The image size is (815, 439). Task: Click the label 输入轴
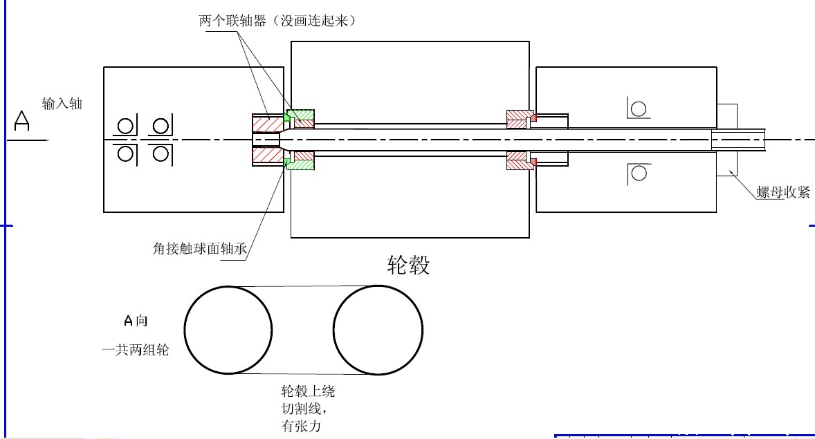coord(62,104)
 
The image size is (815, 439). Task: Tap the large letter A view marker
coord(23,122)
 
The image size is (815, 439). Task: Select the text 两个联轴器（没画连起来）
coord(277,20)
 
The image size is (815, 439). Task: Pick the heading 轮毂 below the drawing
coord(408,265)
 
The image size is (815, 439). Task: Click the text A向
coord(136,320)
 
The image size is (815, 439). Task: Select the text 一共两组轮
coord(136,350)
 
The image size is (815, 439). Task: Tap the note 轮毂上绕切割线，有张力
coord(308,409)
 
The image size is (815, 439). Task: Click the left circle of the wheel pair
coord(228,330)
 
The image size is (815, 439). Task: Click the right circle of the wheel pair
coord(378,330)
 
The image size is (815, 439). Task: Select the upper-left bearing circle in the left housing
coord(125,127)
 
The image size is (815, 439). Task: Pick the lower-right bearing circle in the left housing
coord(161,153)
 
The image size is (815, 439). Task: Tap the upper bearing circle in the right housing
coord(638,109)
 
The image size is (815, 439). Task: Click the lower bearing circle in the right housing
coord(638,174)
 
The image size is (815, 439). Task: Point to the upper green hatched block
coord(301,114)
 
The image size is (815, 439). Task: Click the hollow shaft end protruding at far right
coord(739,140)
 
